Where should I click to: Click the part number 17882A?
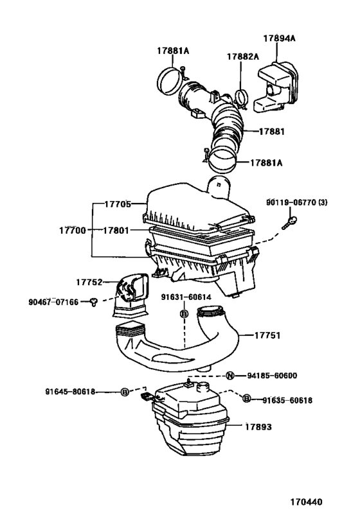point(242,57)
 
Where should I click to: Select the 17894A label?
point(279,38)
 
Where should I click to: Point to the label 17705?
point(117,204)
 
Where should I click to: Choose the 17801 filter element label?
point(117,229)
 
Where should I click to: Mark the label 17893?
point(258,425)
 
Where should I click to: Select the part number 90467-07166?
point(54,301)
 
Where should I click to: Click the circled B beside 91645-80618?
point(125,391)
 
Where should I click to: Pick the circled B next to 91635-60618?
point(246,399)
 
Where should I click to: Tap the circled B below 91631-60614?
point(183,313)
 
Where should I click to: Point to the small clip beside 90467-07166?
point(94,301)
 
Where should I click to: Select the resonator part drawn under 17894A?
point(279,84)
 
